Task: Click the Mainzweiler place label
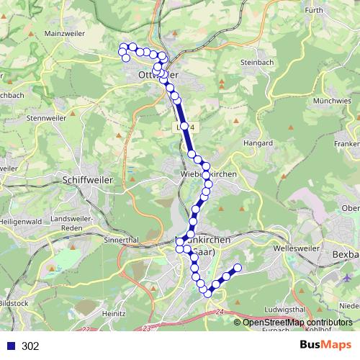click(x=65, y=33)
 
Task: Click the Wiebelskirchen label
click(x=205, y=174)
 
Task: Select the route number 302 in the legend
click(x=30, y=346)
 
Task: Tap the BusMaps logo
click(x=325, y=346)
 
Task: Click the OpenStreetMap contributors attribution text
click(x=297, y=323)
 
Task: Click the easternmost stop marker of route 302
click(x=236, y=269)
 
